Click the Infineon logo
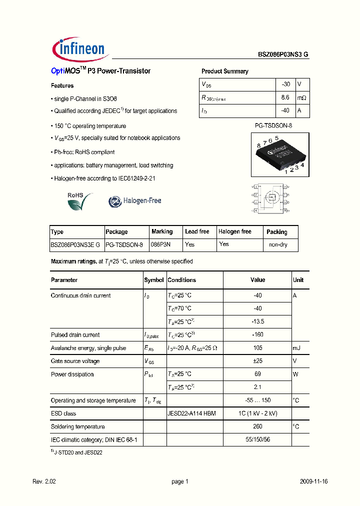tap(78, 48)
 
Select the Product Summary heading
tap(224, 71)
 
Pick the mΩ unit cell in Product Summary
tap(301, 97)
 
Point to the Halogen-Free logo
tap(135, 201)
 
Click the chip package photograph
tap(280, 154)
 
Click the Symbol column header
tap(154, 280)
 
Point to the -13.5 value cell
tap(257, 321)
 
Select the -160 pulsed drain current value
tap(257, 335)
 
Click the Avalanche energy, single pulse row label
tap(88, 348)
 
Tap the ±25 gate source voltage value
tap(257, 361)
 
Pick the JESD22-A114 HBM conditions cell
tap(192, 413)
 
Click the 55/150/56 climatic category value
tap(257, 439)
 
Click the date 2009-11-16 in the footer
tap(313, 481)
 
